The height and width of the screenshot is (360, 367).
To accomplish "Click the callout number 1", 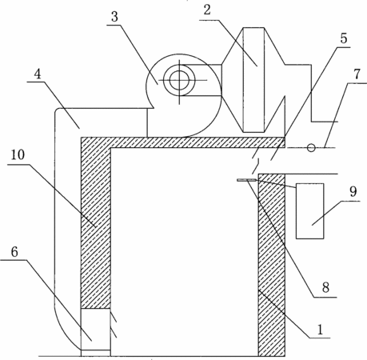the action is pos(320,329).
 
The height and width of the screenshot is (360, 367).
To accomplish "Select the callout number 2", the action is pos(207,10).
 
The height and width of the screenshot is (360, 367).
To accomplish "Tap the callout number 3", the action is pos(114,17).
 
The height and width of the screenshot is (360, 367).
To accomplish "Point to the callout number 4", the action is pos(38,74).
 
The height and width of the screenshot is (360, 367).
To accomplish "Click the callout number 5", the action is pos(344,38).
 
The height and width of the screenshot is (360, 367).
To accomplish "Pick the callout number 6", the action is pos(14,251).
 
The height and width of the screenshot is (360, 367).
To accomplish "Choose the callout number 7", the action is pos(357,74).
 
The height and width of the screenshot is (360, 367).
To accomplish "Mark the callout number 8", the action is pos(325,288).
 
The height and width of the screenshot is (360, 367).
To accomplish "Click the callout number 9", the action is pos(353,191).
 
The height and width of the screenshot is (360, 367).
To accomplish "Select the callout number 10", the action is pos(18,155).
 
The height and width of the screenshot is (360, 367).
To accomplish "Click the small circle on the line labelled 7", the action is pos(311,147).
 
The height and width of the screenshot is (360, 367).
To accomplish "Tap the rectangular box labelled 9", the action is pos(310,211).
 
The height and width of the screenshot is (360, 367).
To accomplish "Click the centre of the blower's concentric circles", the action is pos(179,80).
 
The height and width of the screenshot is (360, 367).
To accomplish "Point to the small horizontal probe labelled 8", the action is pos(247,180).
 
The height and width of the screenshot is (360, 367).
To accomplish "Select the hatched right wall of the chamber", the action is pos(272,265).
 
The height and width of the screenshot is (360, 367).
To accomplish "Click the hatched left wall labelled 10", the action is pos(96,223).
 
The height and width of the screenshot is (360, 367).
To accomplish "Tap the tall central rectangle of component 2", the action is pos(253,80).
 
